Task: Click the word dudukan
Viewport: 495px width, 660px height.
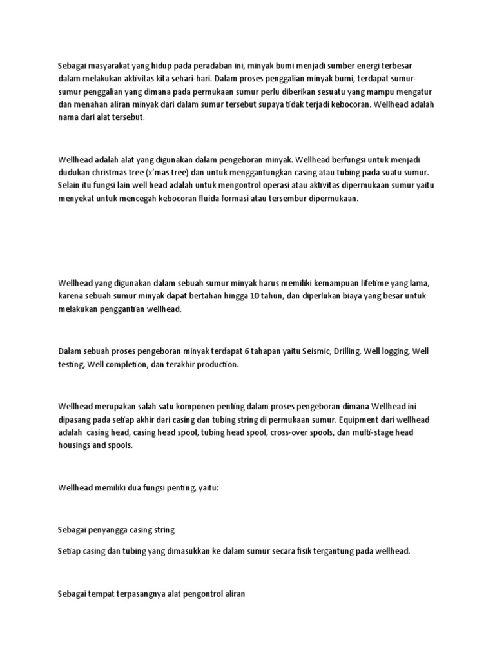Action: coord(74,173)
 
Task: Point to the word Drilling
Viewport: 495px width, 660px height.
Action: coord(346,351)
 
